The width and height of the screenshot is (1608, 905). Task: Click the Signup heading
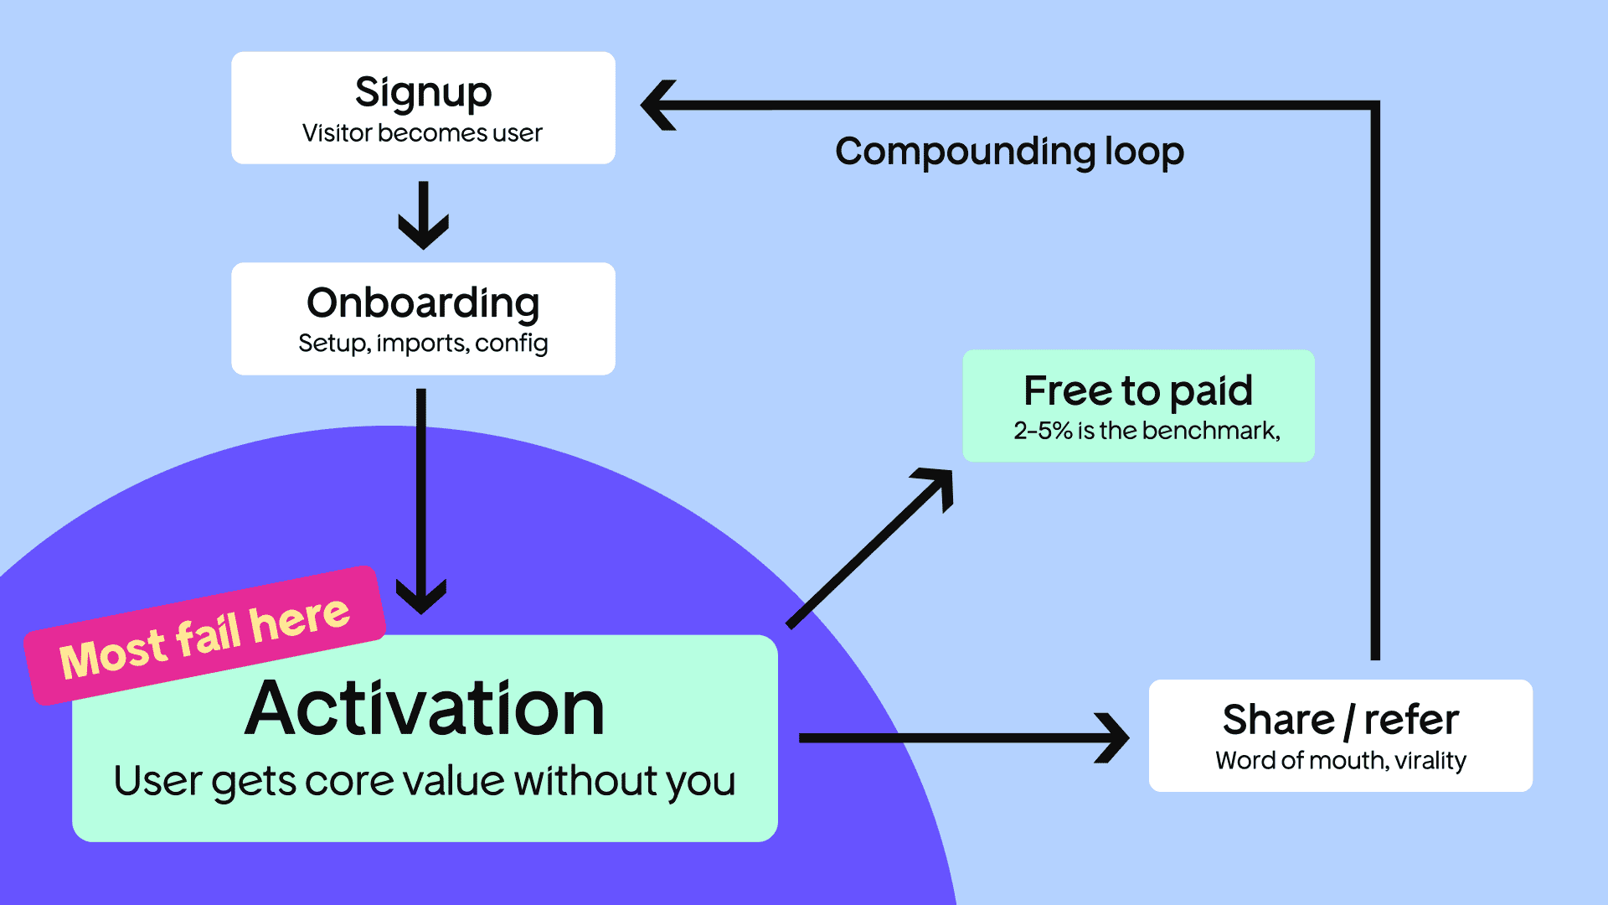pos(423,93)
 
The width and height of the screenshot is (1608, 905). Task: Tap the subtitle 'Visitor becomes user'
pos(423,133)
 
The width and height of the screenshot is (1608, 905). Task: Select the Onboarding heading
pos(423,303)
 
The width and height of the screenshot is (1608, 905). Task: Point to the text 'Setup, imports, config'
pos(423,344)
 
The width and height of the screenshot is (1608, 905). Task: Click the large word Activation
pos(425,709)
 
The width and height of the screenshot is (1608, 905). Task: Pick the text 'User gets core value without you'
pos(425,781)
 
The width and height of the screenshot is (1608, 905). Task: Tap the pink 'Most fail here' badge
pos(204,636)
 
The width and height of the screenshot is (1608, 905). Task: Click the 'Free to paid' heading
pos(1138,390)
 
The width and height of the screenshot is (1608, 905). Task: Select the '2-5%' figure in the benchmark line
pos(1043,431)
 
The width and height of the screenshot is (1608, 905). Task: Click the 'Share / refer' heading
pos(1340,720)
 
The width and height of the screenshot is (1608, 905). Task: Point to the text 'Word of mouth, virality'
pos(1340,761)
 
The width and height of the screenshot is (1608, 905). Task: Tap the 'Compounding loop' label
pos(1009,152)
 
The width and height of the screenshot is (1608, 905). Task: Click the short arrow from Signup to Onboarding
pos(423,216)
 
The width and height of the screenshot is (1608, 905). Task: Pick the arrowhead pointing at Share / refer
pos(1114,738)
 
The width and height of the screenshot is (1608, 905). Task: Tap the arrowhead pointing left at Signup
pos(660,106)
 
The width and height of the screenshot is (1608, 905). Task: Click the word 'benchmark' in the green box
pos(1211,431)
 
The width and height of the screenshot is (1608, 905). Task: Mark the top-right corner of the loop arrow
pos(1374,106)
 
